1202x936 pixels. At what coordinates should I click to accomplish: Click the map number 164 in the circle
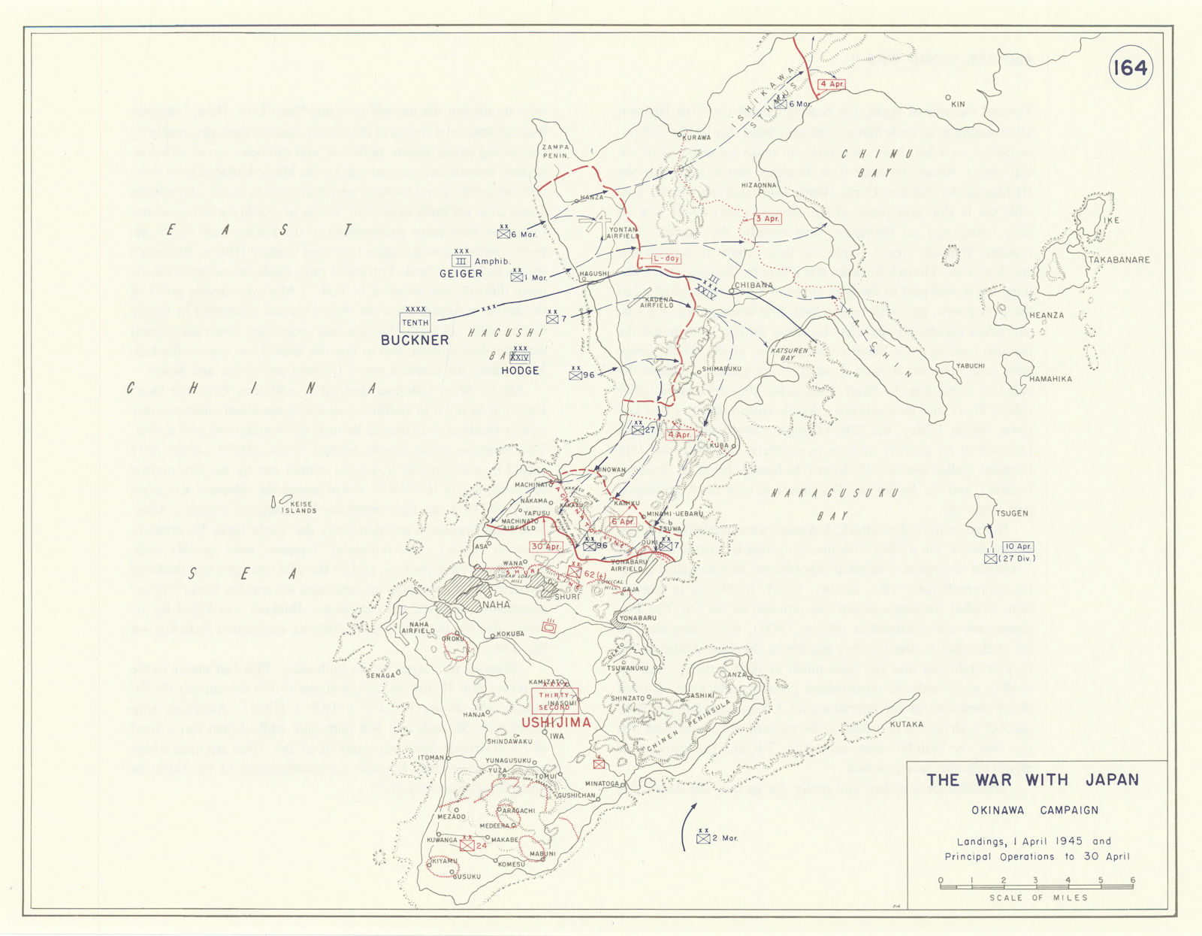coord(1130,68)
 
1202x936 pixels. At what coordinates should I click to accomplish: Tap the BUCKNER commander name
coord(415,340)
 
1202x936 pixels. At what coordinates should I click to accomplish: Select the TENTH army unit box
coord(415,323)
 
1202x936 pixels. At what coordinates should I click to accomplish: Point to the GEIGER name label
coord(461,274)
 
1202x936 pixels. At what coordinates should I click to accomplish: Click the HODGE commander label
coord(520,371)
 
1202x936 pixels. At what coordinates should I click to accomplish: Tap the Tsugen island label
coord(1012,513)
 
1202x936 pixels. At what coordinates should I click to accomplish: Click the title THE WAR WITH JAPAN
coord(1032,780)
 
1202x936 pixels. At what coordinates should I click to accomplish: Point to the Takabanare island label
coord(1119,260)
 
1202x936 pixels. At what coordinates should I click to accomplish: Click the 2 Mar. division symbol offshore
coord(703,838)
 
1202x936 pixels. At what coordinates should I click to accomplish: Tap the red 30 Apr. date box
coord(546,547)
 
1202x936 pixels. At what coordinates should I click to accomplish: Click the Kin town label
coord(958,104)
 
